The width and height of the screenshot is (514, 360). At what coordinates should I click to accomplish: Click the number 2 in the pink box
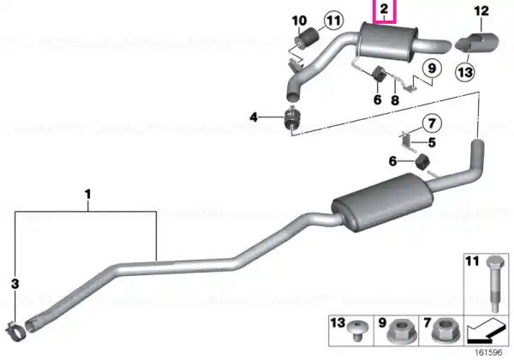point(384,9)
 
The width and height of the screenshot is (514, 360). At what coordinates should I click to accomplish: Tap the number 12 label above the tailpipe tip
point(481,11)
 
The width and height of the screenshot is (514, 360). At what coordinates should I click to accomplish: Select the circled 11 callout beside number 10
point(334,21)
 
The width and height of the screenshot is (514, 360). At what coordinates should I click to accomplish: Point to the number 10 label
point(299,21)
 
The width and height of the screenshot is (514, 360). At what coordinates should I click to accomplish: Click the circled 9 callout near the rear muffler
point(432,69)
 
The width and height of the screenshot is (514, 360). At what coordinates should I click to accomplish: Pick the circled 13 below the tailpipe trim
point(465,72)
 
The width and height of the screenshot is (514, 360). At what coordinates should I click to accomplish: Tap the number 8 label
point(395,100)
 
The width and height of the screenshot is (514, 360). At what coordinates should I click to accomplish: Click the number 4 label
point(254,117)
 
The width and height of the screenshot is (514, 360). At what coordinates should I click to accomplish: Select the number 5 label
point(432,142)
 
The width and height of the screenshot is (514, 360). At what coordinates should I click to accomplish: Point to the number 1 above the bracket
point(87,194)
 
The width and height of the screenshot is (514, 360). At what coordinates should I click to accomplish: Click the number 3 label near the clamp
point(15,284)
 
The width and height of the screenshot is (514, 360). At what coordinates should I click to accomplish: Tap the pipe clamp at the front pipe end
point(15,331)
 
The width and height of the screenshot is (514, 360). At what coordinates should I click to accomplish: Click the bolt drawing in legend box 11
point(493,284)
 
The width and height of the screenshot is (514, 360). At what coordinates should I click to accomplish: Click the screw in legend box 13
point(357,331)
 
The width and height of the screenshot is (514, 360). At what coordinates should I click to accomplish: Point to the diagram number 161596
point(488,352)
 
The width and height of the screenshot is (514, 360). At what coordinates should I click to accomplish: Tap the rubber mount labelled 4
point(292,118)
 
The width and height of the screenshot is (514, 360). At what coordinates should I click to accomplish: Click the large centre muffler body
point(382,201)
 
